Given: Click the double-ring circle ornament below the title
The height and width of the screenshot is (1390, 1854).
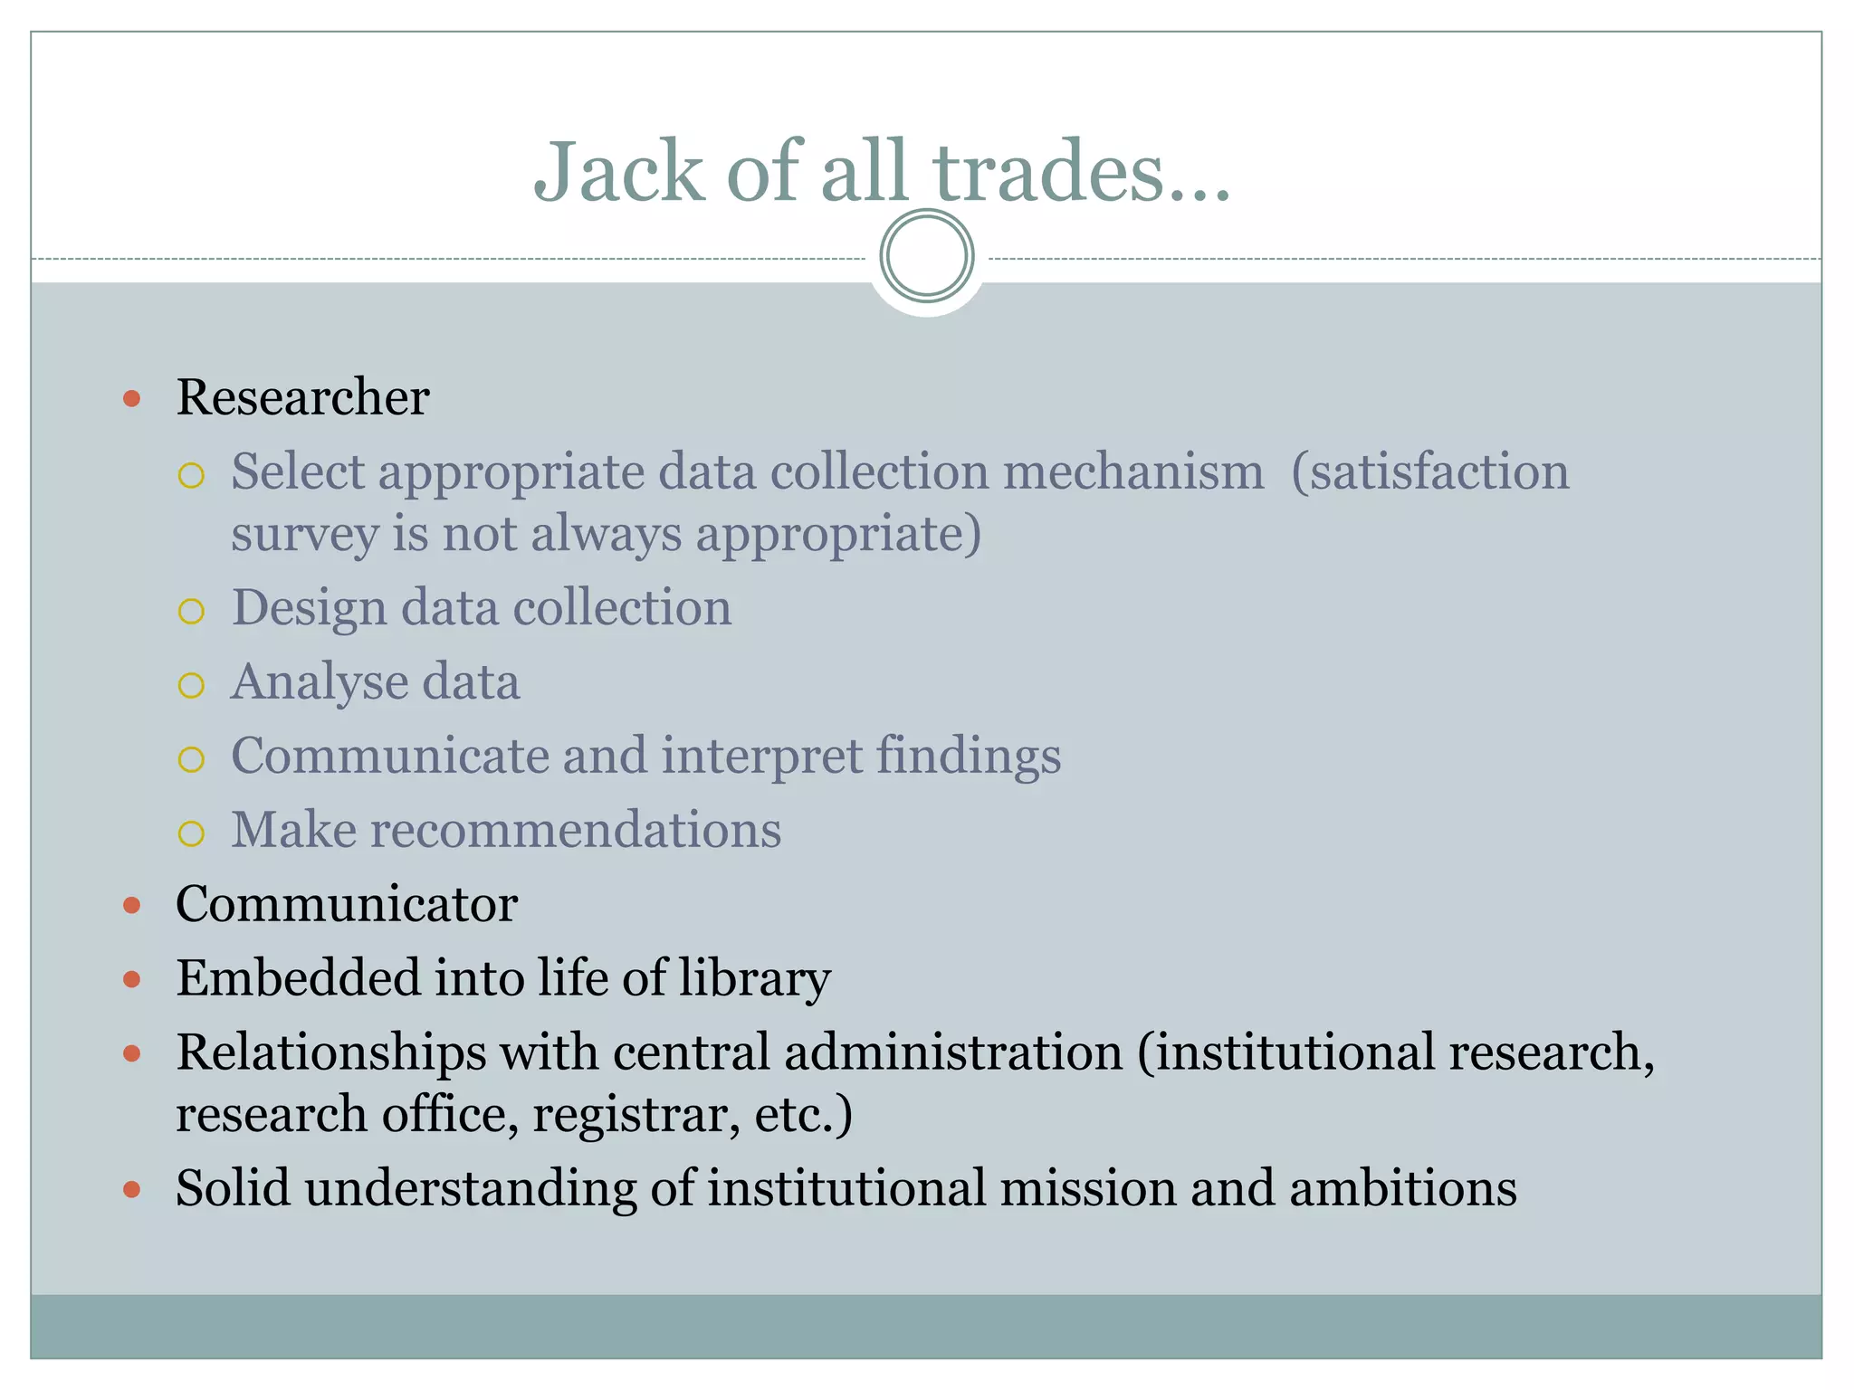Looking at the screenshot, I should [x=927, y=256].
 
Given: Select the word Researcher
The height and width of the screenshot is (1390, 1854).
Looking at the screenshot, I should [x=302, y=397].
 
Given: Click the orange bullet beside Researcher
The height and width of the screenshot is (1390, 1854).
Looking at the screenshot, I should [x=132, y=398].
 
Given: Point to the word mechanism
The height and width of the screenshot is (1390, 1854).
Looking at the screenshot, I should [x=1133, y=471].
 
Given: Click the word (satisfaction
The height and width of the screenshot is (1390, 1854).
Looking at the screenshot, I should [x=1430, y=471].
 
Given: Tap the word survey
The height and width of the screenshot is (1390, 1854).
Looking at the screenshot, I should [x=304, y=534].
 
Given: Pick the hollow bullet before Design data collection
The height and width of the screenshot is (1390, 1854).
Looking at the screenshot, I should [x=192, y=612].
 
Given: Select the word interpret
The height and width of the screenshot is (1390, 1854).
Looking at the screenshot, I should [x=761, y=756].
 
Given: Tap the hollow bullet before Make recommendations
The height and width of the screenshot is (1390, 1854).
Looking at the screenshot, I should [x=192, y=833].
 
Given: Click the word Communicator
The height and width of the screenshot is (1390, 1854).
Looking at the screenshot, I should [x=347, y=904].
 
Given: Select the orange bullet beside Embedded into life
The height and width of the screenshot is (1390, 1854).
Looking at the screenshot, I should [x=132, y=979].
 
